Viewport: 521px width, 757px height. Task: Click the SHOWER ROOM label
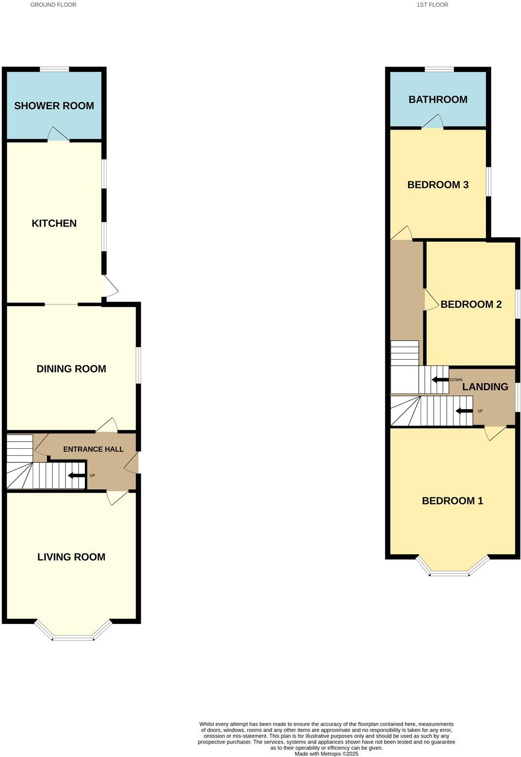point(54,106)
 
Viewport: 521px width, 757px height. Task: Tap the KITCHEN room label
point(54,223)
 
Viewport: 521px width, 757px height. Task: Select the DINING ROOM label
point(71,369)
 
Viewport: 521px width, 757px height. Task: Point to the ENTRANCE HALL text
point(93,449)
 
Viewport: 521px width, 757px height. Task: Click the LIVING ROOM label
point(71,557)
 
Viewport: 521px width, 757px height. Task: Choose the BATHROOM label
point(438,99)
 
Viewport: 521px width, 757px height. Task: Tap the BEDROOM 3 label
point(438,185)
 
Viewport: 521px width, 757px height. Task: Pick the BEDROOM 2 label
point(471,304)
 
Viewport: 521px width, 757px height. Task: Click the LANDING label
point(485,387)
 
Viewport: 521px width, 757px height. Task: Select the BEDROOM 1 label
point(453,501)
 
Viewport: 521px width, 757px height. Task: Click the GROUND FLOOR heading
point(53,5)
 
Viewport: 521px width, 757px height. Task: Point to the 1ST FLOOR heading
point(433,5)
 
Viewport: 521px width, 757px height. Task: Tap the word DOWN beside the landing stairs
point(456,380)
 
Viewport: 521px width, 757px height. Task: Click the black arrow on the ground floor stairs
point(76,476)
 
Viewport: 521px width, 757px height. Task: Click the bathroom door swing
point(433,121)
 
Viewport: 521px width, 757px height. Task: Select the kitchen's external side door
point(110,286)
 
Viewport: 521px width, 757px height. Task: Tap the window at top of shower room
point(54,69)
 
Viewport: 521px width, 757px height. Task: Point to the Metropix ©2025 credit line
point(326,754)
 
